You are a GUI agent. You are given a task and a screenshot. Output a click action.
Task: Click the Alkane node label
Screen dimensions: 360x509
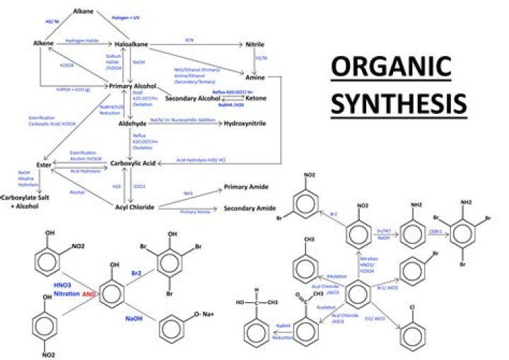coord(83,11)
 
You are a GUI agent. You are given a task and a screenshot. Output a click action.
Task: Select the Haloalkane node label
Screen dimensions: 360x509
coord(131,45)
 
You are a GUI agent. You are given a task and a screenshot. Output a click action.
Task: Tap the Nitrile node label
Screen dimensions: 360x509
coord(255,45)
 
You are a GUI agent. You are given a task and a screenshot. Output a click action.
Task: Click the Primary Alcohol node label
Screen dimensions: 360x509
coord(131,86)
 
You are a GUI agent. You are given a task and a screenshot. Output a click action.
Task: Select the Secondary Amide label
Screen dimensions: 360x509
coord(249,209)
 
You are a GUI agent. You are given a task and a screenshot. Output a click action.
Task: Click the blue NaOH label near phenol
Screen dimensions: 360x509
coord(135,318)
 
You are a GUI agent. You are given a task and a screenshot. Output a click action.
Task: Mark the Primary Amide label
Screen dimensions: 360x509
coord(245,187)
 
